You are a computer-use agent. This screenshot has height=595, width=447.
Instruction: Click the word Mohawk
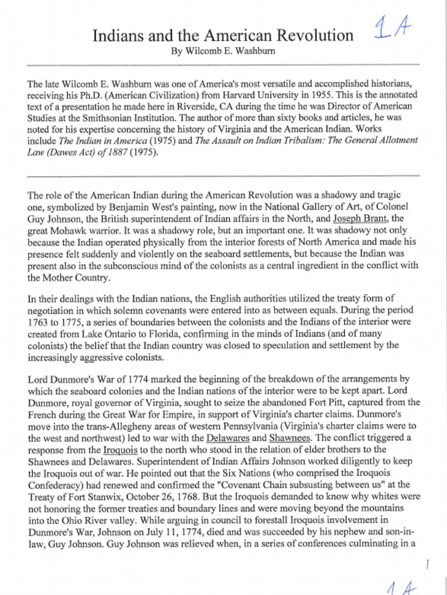(71, 230)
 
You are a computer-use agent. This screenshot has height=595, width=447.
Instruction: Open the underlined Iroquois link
(118, 449)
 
